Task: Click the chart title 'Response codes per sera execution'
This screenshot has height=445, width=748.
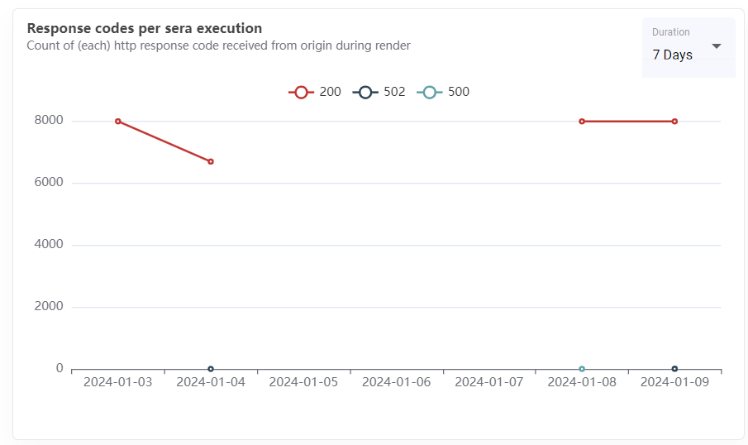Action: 145,28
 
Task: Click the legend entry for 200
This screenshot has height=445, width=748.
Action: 315,92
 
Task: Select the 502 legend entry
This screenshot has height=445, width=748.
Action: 379,92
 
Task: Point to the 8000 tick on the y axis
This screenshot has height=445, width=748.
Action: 48,121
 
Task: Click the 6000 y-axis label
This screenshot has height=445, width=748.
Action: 48,183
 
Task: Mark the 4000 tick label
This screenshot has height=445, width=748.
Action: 48,245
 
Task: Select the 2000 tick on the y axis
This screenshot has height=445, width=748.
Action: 48,307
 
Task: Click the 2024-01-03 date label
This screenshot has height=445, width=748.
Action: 117,382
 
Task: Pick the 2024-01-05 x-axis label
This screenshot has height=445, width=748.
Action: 303,382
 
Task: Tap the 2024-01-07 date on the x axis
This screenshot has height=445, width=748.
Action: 488,382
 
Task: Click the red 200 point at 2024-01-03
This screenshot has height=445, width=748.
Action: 118,122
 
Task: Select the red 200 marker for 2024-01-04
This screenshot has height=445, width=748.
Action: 211,161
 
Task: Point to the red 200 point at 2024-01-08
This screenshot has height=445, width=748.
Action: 582,122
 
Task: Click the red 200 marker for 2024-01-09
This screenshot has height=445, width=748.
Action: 674,122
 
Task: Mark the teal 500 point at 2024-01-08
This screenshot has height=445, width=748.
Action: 582,369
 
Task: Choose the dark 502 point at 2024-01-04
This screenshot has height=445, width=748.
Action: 211,369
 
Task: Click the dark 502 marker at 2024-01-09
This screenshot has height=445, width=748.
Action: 674,369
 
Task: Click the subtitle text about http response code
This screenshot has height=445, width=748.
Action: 218,45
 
